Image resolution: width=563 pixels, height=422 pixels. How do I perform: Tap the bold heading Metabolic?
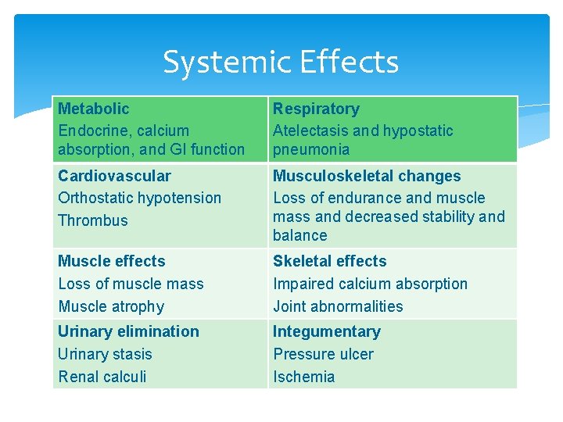click(x=93, y=109)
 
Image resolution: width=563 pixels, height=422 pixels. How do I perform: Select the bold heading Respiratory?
click(x=316, y=109)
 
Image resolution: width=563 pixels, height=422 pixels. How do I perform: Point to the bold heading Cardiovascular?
click(x=114, y=176)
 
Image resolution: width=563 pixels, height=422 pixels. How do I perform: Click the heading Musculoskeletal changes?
click(x=367, y=176)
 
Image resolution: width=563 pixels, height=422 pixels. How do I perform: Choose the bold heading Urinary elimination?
click(x=128, y=331)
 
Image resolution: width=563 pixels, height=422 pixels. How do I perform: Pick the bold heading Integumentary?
click(x=326, y=331)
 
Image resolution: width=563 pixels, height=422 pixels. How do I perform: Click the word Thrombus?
click(x=92, y=220)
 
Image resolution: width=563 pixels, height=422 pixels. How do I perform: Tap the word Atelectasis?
click(x=310, y=131)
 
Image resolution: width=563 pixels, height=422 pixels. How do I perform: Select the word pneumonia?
click(x=311, y=149)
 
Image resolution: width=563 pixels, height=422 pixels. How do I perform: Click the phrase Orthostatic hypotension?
click(x=139, y=198)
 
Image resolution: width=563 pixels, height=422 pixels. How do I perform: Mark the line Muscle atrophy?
click(x=111, y=306)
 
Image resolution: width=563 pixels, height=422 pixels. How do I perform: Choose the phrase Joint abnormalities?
click(x=338, y=306)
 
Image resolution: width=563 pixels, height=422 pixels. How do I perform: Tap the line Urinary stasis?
click(x=105, y=354)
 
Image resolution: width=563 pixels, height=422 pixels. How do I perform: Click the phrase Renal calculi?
click(x=102, y=377)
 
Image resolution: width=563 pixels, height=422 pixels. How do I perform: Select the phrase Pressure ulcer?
click(x=323, y=354)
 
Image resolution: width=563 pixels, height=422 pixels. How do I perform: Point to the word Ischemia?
click(x=303, y=377)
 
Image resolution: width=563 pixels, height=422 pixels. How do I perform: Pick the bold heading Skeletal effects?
click(x=329, y=261)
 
